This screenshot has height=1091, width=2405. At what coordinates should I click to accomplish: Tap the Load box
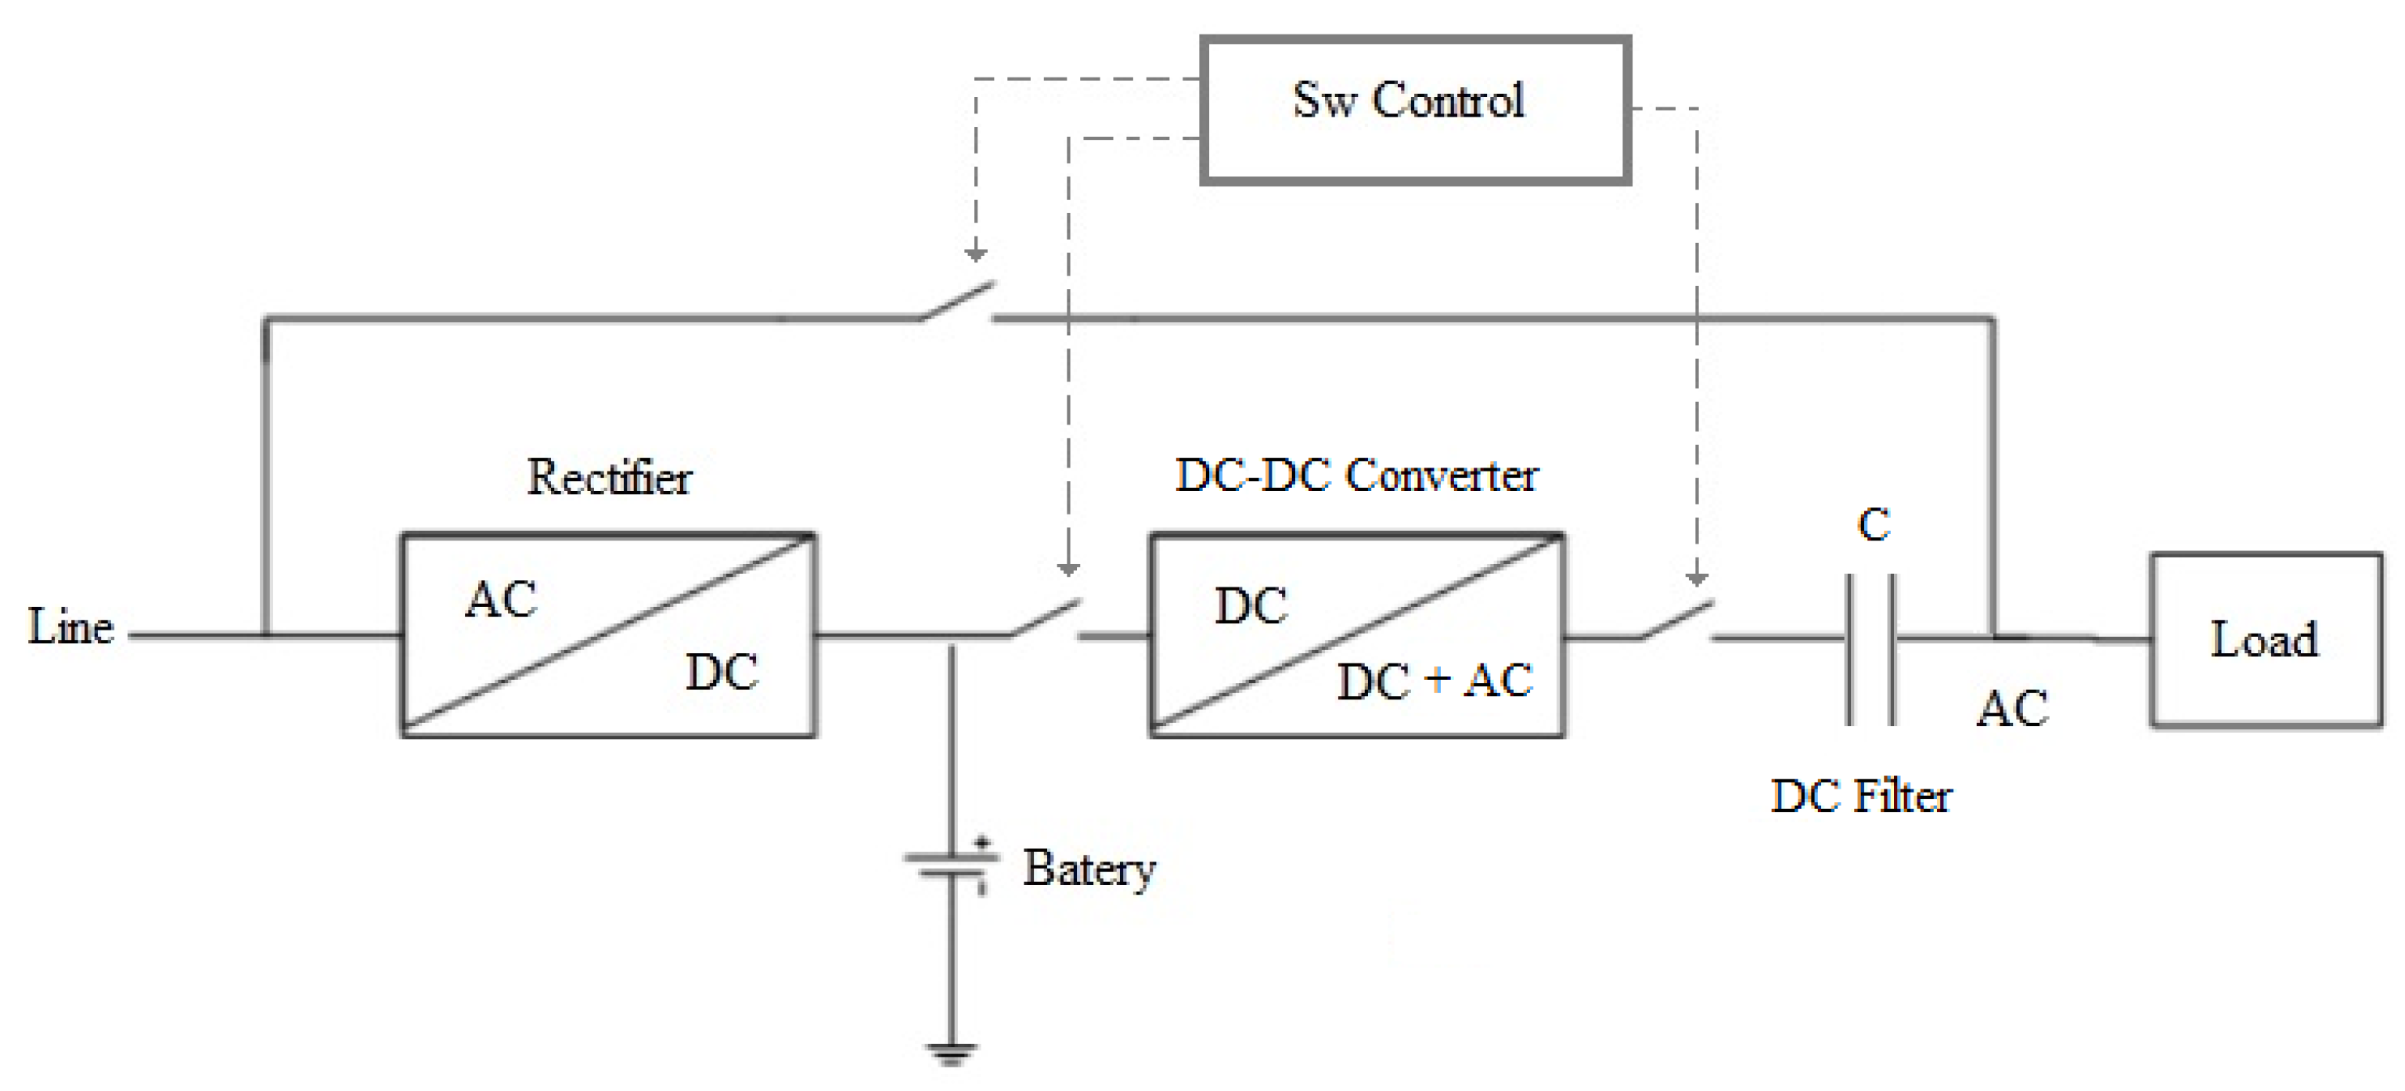click(2265, 640)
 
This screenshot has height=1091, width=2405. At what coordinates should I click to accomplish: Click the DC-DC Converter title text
click(1356, 475)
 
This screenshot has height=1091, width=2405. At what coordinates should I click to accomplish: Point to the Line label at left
click(71, 626)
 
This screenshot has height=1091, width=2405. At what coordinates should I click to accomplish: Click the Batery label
click(1089, 869)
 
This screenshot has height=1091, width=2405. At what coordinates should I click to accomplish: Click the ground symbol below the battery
click(952, 1053)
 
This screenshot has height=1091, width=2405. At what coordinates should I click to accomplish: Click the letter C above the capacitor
click(1874, 525)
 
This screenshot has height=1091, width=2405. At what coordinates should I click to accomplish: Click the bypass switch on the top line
click(958, 301)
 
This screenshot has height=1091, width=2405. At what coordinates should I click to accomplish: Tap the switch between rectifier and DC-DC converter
click(1046, 619)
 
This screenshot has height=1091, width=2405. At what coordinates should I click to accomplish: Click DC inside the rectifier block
click(721, 673)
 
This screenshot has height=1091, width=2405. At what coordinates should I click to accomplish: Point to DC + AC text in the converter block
click(1434, 681)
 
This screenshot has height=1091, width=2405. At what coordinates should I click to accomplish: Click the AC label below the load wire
click(2012, 709)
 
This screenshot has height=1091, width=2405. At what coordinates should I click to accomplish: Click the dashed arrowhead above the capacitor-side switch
click(1697, 578)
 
